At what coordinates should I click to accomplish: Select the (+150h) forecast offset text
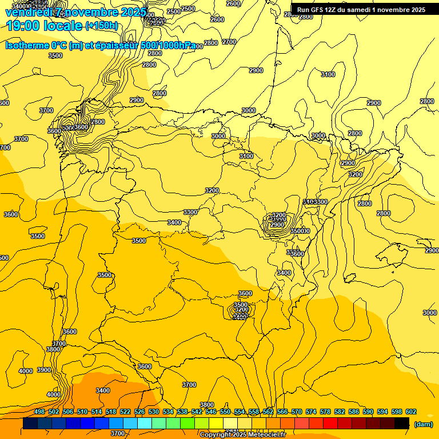tap(101, 25)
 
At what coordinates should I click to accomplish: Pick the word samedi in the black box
tap(368, 10)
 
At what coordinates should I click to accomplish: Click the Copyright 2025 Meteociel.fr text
tap(242, 435)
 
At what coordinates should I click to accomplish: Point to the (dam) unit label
tap(423, 424)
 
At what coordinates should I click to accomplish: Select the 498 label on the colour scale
tap(39, 412)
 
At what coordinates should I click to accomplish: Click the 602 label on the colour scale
tap(411, 412)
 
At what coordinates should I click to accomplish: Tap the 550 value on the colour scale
tap(225, 412)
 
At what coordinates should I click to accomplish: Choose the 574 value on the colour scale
tap(311, 412)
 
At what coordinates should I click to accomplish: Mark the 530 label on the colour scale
tap(154, 412)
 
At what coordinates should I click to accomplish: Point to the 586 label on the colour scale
tap(354, 412)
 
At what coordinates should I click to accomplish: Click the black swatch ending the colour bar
tap(402, 424)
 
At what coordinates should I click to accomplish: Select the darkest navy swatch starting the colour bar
tap(30, 424)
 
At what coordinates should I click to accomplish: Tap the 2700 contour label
tap(229, 42)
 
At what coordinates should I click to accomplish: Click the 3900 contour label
tap(44, 370)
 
